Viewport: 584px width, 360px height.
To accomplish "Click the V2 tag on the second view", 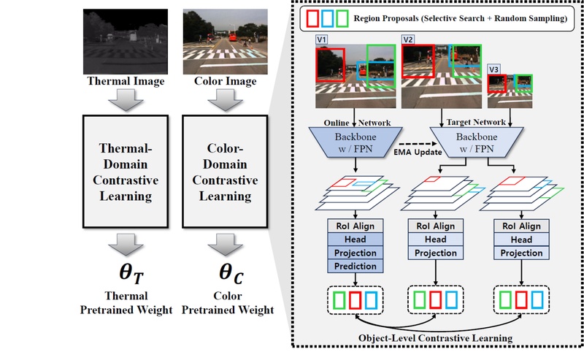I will (x=409, y=39).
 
